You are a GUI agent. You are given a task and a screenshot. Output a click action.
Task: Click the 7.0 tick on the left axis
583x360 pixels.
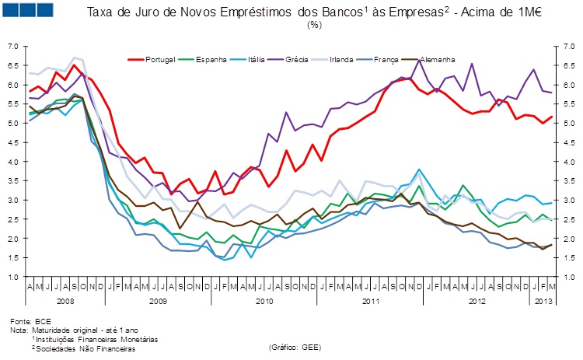pyautogui.click(x=12, y=47)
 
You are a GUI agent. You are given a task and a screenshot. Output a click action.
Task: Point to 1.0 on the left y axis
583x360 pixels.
pyautogui.click(x=12, y=277)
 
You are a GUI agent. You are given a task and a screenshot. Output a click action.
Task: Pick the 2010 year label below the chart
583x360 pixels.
pyautogui.click(x=264, y=300)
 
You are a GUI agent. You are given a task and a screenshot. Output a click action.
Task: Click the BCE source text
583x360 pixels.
pyautogui.click(x=43, y=320)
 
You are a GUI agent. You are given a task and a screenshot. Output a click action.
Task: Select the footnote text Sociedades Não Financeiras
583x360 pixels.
pyautogui.click(x=77, y=348)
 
